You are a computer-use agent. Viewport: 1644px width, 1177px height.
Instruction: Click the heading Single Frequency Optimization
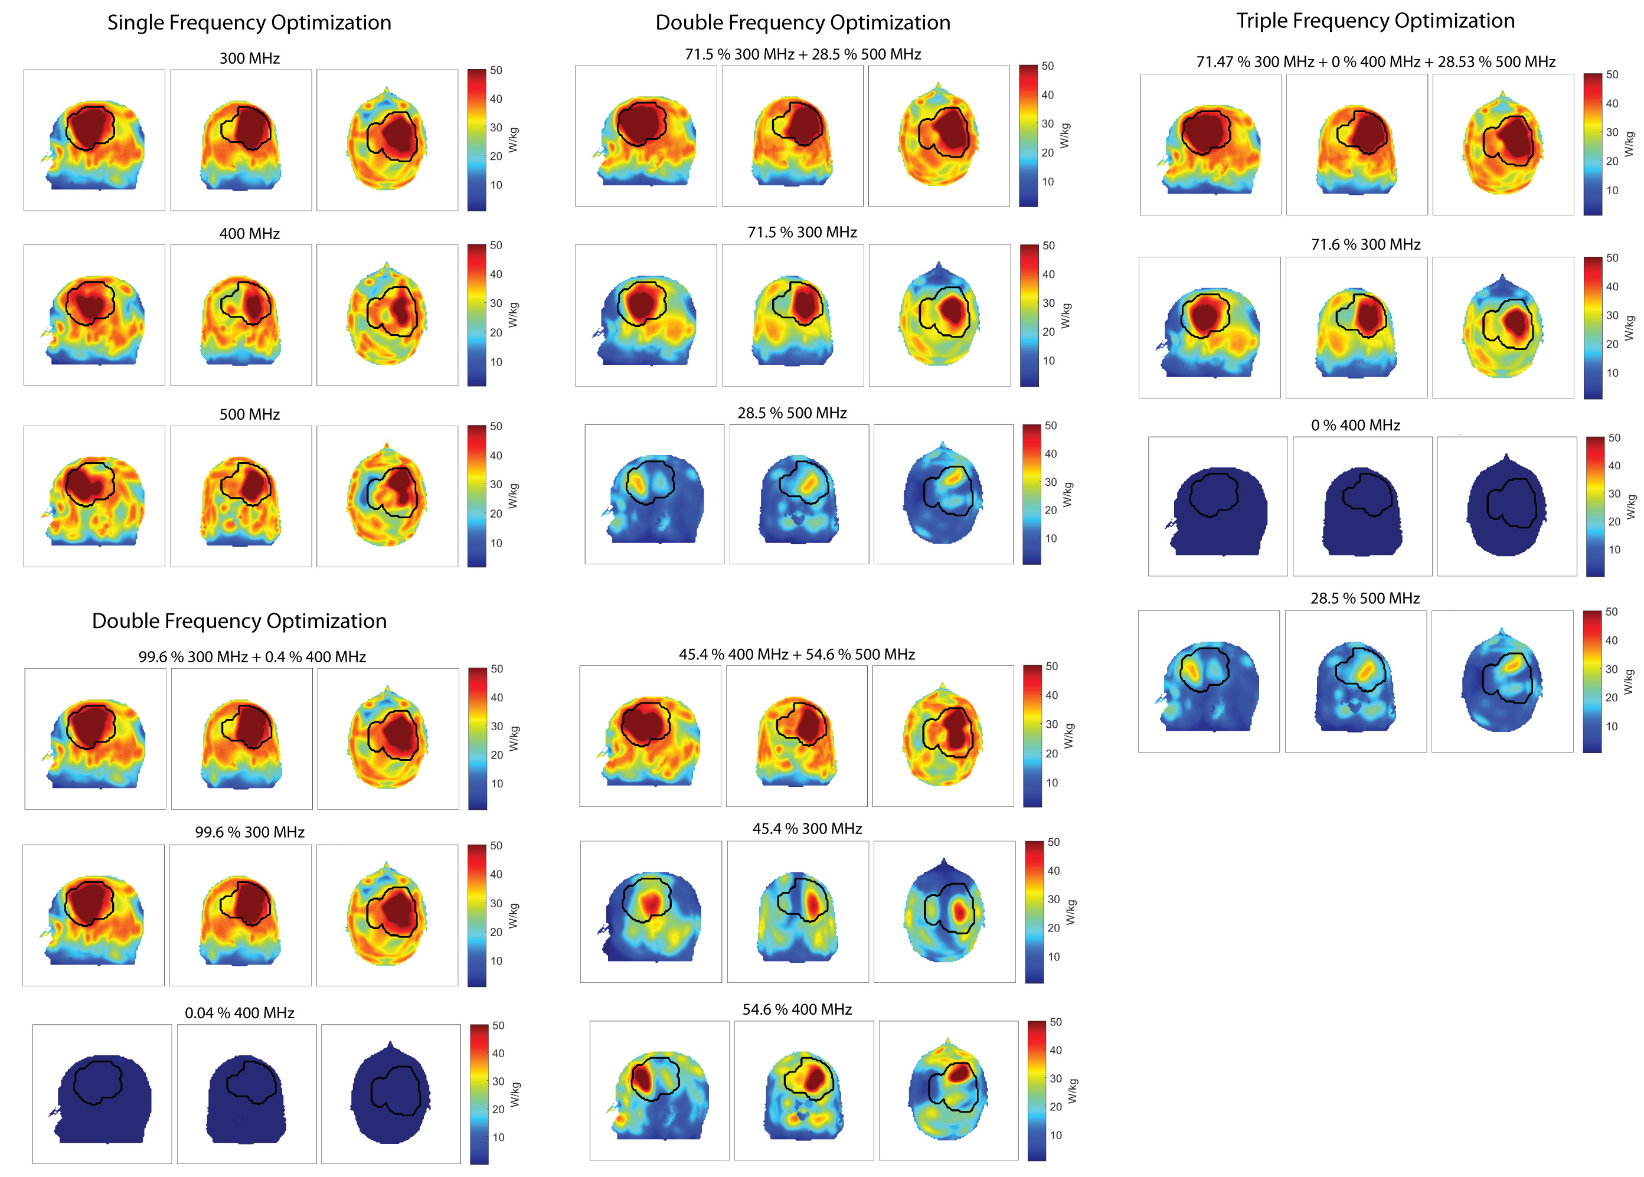(x=249, y=22)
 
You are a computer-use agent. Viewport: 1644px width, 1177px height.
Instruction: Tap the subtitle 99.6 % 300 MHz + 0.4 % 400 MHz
(x=251, y=656)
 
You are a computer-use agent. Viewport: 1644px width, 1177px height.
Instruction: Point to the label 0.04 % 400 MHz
(x=239, y=1012)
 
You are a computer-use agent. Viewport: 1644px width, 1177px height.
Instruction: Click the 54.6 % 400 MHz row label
(x=797, y=1009)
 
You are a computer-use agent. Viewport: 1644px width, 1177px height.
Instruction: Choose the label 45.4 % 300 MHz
(x=807, y=828)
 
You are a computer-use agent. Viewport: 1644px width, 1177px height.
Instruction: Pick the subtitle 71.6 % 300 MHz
(x=1365, y=244)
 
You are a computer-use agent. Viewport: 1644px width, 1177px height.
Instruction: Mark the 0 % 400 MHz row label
(x=1355, y=426)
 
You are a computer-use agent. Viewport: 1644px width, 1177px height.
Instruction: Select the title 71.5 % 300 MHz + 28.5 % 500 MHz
(x=802, y=54)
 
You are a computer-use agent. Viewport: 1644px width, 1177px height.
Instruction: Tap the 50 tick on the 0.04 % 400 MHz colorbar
(x=498, y=1025)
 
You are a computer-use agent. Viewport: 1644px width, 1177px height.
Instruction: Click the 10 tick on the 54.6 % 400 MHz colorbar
(x=1055, y=1135)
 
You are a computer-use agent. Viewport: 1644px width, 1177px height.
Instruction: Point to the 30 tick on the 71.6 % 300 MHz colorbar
(x=1612, y=315)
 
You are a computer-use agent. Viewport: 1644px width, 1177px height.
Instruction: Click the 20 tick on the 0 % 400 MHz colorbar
(x=1613, y=521)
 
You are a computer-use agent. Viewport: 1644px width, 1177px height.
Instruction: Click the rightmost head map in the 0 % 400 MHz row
(x=1506, y=506)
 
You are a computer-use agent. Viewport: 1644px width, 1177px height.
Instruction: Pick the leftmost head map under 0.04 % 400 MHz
(x=102, y=1094)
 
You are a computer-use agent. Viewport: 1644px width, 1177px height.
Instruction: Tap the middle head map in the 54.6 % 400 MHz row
(x=803, y=1090)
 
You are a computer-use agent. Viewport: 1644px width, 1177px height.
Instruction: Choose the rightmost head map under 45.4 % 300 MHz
(x=944, y=911)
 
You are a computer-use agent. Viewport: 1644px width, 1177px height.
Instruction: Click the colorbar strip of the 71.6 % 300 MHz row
(x=1592, y=328)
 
